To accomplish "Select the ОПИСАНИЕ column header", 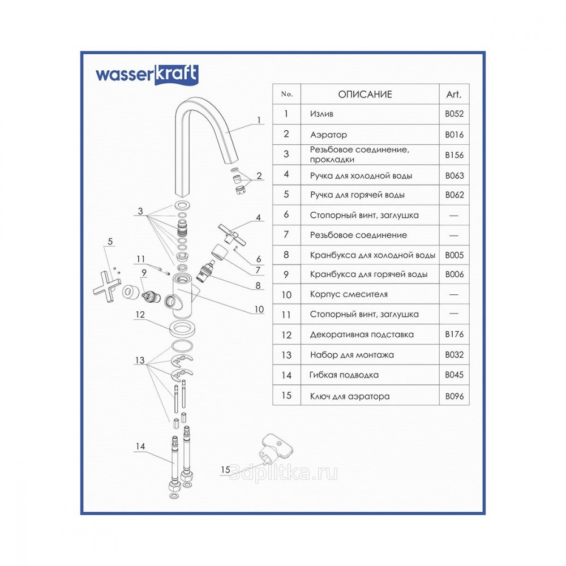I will (x=365, y=95).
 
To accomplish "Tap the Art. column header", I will (x=454, y=95).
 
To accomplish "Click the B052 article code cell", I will (x=454, y=114).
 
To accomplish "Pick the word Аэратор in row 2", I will (x=329, y=135).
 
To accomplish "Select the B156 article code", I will (x=454, y=155).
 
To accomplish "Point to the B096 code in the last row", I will (x=454, y=396).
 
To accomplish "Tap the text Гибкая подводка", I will (x=344, y=375).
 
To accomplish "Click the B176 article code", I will (x=454, y=334).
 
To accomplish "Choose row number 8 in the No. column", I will (x=286, y=255).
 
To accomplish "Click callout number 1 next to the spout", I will (x=258, y=120).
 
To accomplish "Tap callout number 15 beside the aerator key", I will (x=226, y=470).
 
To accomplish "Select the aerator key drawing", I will (x=276, y=449).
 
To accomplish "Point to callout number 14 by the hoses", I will (x=140, y=447).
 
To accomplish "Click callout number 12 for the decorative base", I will (x=140, y=314).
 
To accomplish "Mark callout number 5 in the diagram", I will (x=110, y=242).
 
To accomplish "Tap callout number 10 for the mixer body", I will (x=259, y=309).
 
